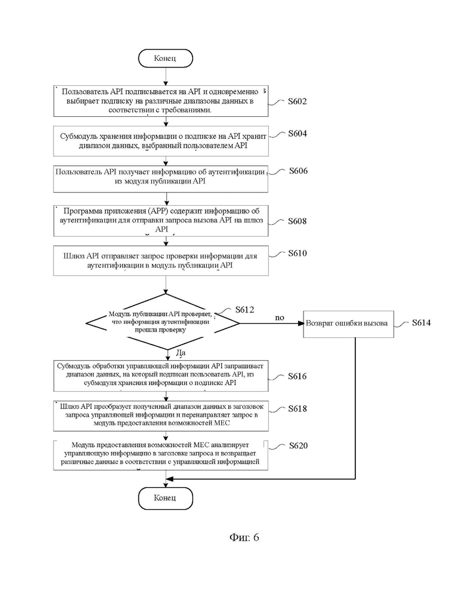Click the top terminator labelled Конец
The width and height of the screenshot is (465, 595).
166,58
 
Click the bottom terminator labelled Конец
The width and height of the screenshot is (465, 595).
166,498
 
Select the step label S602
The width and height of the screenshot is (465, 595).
297,101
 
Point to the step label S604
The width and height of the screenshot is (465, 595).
297,133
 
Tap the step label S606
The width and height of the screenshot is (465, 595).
298,171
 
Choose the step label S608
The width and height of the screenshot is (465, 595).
297,221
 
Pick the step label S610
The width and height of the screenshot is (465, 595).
297,253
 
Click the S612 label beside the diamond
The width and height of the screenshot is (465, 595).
245,309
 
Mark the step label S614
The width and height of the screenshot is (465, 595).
421,323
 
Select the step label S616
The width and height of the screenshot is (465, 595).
297,376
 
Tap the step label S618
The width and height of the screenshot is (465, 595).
297,408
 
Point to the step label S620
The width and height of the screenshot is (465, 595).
298,445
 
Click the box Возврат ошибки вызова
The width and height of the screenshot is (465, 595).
349,324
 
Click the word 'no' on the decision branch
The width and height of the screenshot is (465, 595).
280,318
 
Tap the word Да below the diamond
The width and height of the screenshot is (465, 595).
181,353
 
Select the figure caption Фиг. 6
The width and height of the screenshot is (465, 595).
244,537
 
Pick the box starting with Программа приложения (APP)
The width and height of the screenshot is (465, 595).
161,221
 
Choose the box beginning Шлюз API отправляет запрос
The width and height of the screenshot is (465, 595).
161,261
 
